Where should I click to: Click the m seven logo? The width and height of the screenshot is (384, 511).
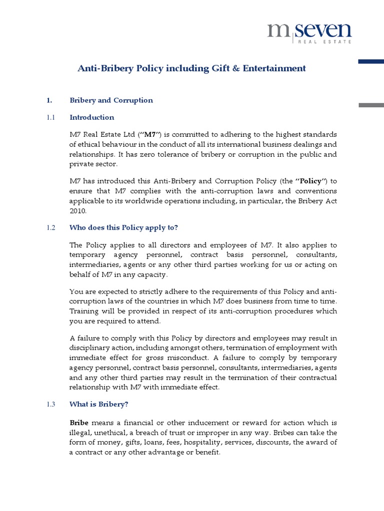pos(308,31)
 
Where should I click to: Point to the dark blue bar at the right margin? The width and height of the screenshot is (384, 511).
pos(371,61)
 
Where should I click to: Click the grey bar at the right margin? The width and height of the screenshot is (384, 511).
pos(371,104)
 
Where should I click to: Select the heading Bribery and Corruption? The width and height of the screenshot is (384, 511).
pos(111,100)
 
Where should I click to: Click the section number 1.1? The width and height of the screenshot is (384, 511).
pos(50,118)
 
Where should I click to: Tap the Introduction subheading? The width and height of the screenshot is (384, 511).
pos(92,118)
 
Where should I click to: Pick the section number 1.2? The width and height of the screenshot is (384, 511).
pos(50,228)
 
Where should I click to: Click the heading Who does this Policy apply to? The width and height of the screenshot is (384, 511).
pos(124,228)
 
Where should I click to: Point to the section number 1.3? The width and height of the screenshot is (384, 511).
pos(50,404)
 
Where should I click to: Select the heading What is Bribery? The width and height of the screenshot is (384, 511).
pos(99,404)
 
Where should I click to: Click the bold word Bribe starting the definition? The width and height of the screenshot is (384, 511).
pos(80,422)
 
